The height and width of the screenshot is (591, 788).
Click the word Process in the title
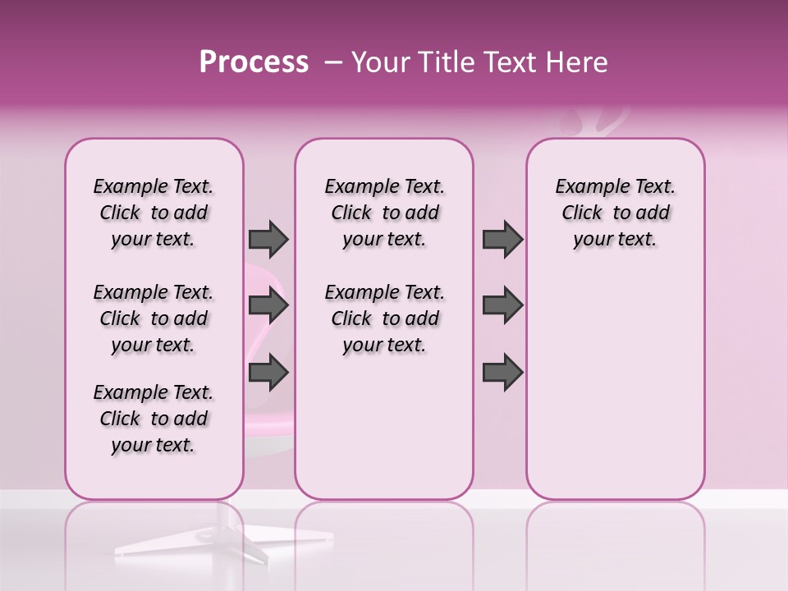[254, 62]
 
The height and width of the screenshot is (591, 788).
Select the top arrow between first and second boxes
[268, 239]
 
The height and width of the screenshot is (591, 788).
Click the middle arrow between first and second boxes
[268, 306]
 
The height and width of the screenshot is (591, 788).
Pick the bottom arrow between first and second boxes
[268, 373]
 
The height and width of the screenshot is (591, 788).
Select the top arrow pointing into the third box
[502, 239]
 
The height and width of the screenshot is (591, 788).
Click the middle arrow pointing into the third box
[502, 306]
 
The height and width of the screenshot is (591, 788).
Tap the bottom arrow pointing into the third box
[502, 373]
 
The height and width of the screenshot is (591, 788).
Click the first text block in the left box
[153, 213]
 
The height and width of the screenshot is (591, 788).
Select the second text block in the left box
[153, 318]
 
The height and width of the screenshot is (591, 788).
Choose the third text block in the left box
[153, 419]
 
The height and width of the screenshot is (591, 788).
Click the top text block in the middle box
[384, 213]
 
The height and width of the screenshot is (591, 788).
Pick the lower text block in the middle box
[384, 318]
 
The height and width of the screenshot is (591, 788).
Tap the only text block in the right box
[615, 213]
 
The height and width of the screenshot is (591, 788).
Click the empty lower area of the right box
[615, 394]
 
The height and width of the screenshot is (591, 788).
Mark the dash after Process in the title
[333, 62]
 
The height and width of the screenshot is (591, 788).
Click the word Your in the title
[380, 62]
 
